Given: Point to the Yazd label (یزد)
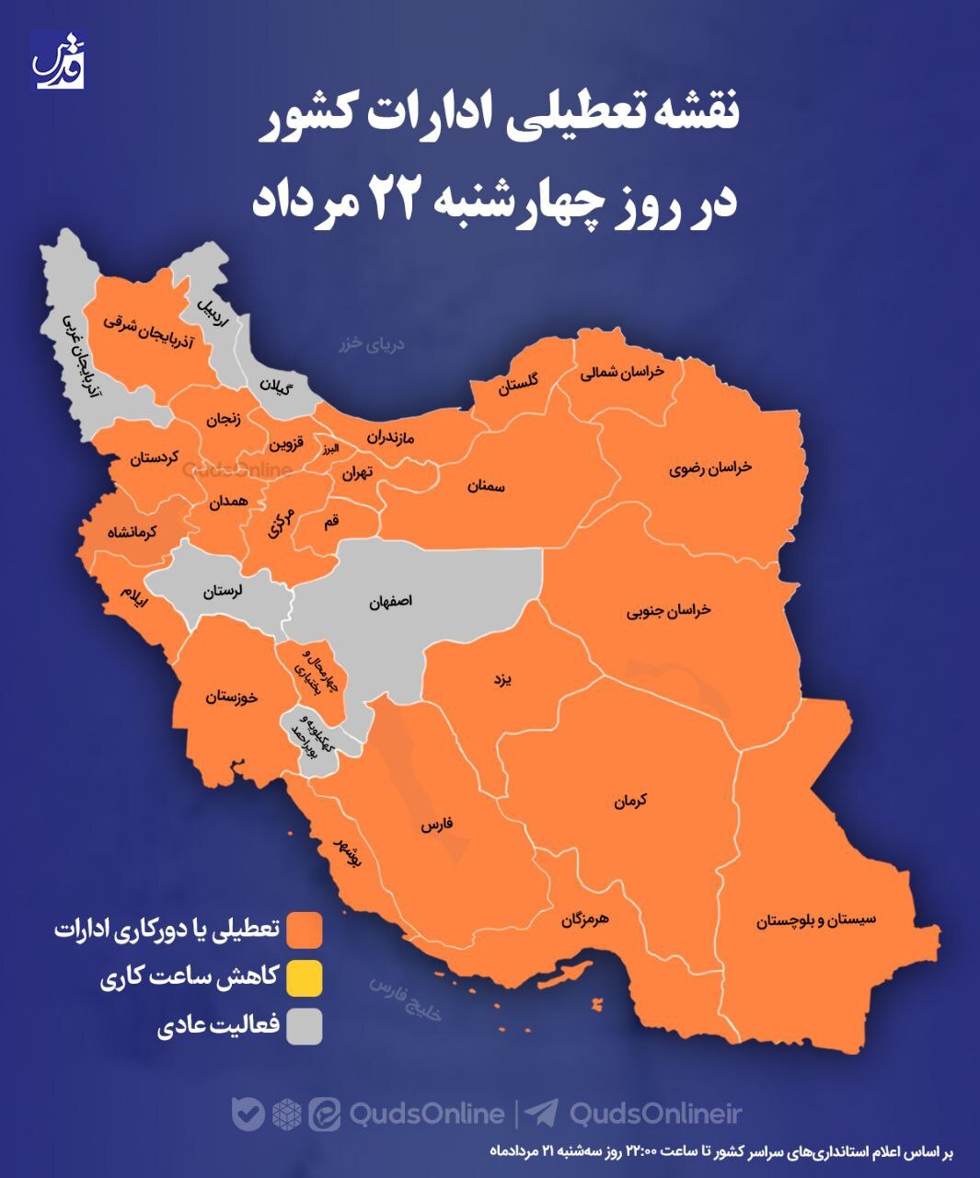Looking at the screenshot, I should (501, 679).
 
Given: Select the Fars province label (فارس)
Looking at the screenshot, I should (436, 826).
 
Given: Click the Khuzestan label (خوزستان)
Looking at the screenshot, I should (232, 697).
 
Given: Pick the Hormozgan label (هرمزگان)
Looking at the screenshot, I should (584, 918).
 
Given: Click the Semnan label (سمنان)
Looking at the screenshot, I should (487, 485).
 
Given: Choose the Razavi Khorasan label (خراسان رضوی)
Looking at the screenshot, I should (710, 467).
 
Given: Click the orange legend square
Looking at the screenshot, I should (304, 930).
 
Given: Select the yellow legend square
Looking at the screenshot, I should (304, 978).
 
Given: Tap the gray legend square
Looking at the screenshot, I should (304, 1026).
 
